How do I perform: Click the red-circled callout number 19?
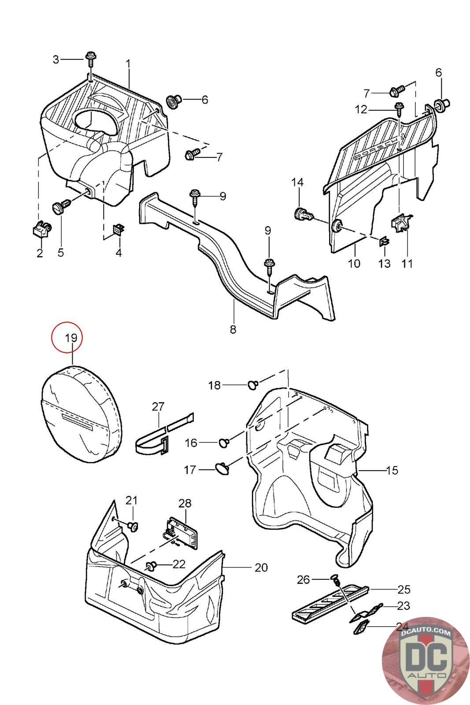pos(70,338)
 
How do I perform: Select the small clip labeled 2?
pos(41,229)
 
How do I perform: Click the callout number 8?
pos(233,329)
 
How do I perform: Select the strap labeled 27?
pos(161,436)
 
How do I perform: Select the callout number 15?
pos(391,470)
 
